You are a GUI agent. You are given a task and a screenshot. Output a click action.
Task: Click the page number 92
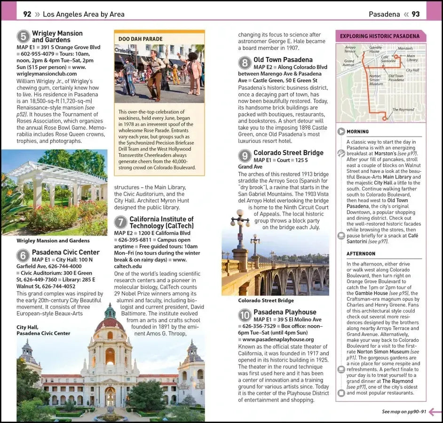click(27, 14)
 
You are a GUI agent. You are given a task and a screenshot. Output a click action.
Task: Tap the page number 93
click(416, 14)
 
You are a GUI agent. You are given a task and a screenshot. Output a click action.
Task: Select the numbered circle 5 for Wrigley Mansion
click(23, 37)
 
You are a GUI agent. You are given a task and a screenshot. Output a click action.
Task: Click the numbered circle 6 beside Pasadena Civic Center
click(23, 256)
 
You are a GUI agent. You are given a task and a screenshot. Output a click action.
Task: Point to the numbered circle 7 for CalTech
click(121, 222)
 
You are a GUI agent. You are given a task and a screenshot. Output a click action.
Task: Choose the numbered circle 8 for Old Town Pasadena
click(245, 63)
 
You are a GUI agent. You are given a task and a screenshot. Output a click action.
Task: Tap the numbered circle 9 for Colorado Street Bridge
click(245, 156)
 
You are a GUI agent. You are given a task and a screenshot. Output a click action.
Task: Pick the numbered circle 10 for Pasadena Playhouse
click(245, 315)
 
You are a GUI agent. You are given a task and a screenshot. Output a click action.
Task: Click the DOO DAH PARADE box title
click(141, 39)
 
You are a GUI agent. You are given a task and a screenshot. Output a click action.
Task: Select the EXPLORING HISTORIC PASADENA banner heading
click(380, 36)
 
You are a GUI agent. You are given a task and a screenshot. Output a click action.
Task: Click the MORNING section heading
click(358, 132)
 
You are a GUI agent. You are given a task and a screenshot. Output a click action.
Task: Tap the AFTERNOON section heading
click(361, 254)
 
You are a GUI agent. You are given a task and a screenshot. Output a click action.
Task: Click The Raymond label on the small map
click(403, 110)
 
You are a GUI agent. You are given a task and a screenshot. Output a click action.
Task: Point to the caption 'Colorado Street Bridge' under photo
click(266, 300)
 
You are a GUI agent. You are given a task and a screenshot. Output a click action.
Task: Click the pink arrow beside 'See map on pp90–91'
click(435, 412)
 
